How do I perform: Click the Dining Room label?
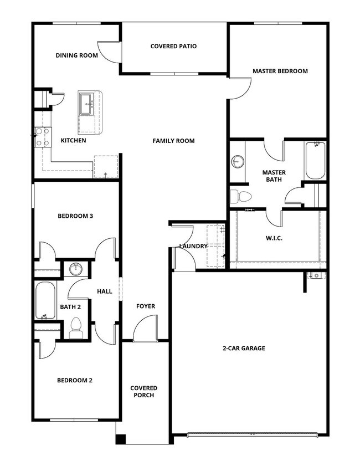coord(76,55)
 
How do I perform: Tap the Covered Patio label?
coord(173,47)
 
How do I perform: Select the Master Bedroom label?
coord(280,71)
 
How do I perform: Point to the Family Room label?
coord(173,141)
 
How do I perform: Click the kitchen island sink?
coord(86,104)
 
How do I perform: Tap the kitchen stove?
coord(42,137)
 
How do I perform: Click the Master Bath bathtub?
coord(315,160)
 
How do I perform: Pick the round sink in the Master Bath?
coord(238,162)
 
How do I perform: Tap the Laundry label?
coord(193,246)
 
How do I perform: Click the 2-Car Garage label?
coord(244,349)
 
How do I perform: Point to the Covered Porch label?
coord(144,391)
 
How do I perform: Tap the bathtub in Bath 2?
coord(44,300)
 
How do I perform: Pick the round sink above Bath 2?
coord(75,269)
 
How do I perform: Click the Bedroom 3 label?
coord(75,216)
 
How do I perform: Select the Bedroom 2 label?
coord(75,380)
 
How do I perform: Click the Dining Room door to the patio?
coord(109,50)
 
